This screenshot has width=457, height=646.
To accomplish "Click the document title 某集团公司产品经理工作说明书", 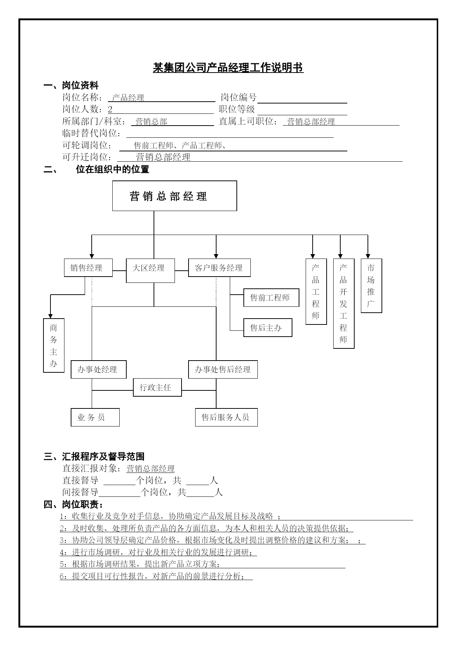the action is (228, 68).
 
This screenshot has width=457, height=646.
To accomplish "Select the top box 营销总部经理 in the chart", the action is (175, 196).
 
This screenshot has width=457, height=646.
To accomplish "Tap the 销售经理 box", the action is (88, 268).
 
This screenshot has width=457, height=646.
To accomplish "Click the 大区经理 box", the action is (150, 271).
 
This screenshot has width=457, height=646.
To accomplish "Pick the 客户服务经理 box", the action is (219, 268).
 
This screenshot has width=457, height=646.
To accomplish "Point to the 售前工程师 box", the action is (271, 298).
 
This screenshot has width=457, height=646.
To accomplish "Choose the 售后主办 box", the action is (268, 327).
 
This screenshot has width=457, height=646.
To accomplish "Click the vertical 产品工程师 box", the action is (316, 291).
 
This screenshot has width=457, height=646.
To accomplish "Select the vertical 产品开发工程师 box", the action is (344, 303).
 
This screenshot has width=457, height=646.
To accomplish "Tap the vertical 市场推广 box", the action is (371, 285).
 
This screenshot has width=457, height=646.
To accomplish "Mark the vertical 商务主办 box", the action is (54, 345).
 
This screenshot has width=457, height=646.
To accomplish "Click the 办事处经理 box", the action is (99, 369).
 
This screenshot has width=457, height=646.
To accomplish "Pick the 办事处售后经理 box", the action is (223, 369).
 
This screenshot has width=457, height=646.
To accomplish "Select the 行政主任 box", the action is (157, 387).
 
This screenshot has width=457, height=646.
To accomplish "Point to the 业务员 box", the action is (95, 417).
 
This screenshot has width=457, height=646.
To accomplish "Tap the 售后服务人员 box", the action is (226, 417).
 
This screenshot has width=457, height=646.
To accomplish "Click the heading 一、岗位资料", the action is (71, 86).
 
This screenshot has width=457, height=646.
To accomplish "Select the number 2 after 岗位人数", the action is (110, 109).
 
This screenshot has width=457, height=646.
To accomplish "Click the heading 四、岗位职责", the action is (73, 504).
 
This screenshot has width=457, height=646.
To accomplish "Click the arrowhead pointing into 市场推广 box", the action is (368, 256).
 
